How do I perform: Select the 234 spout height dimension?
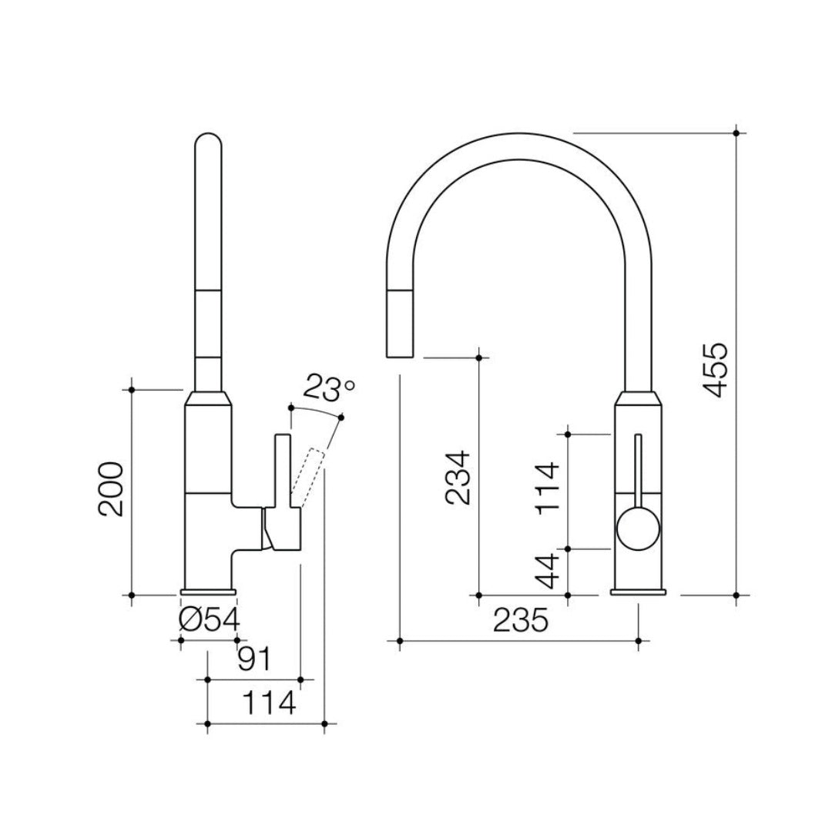(458, 478)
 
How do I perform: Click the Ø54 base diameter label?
(209, 619)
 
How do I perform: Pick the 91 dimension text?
(253, 659)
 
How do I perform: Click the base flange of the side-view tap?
(209, 592)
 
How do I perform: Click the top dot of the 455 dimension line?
(737, 133)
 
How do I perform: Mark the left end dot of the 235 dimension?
(400, 640)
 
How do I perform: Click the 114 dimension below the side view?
(269, 703)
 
